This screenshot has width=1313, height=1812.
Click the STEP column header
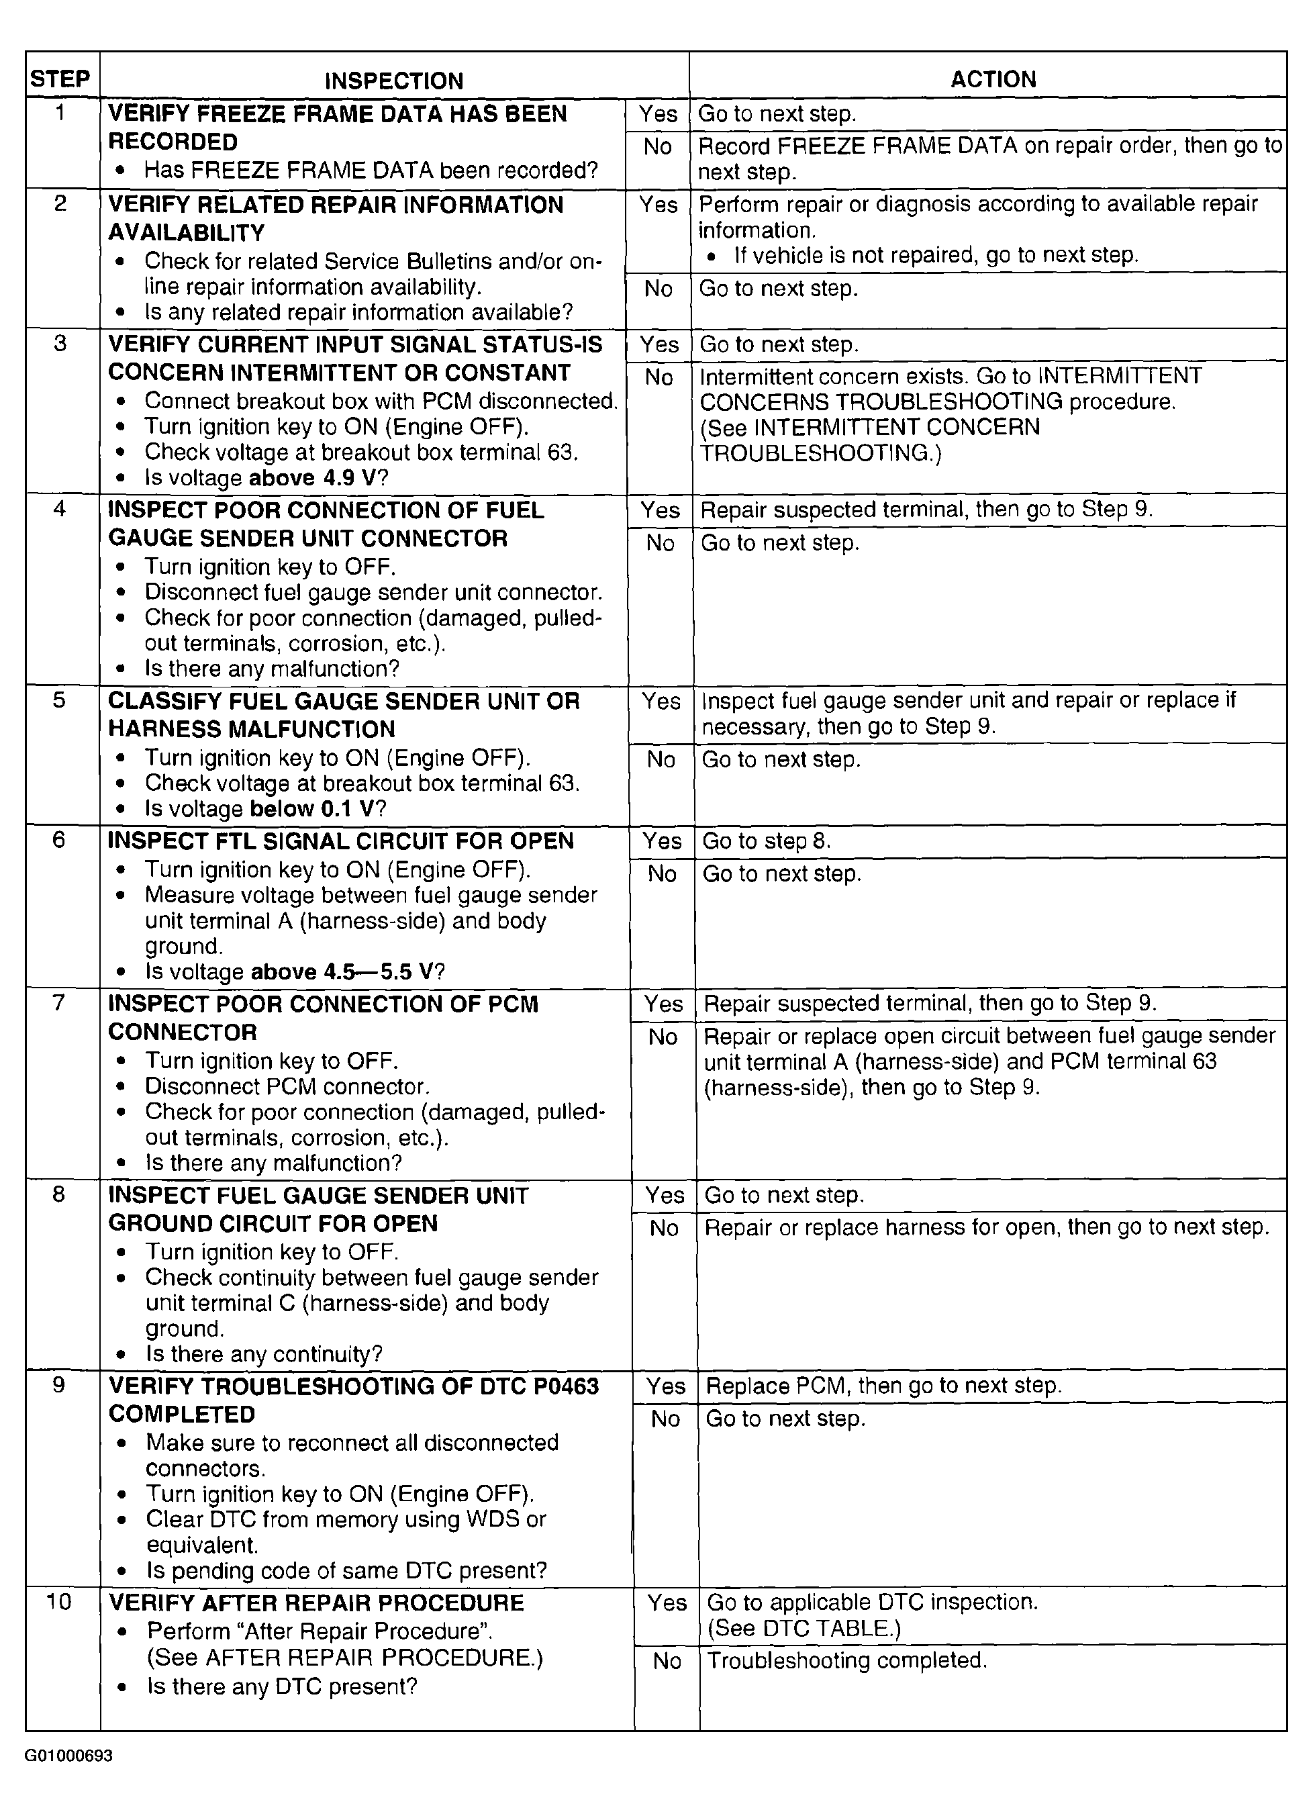click(x=60, y=79)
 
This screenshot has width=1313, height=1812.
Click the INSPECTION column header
click(x=394, y=81)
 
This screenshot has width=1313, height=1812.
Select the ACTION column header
click(x=993, y=79)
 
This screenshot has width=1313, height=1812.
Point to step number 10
click(x=60, y=1602)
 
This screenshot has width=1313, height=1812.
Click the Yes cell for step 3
click(x=659, y=344)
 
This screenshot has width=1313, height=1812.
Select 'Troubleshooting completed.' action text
click(x=847, y=1661)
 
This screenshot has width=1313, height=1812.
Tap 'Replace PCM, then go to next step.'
click(x=884, y=1386)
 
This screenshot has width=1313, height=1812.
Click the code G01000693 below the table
click(x=68, y=1756)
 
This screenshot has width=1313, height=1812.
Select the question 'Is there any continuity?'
click(x=264, y=1354)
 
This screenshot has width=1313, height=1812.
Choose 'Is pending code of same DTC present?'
click(x=346, y=1571)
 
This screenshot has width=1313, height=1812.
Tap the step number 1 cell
click(x=60, y=113)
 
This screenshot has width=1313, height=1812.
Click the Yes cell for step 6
click(x=662, y=841)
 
